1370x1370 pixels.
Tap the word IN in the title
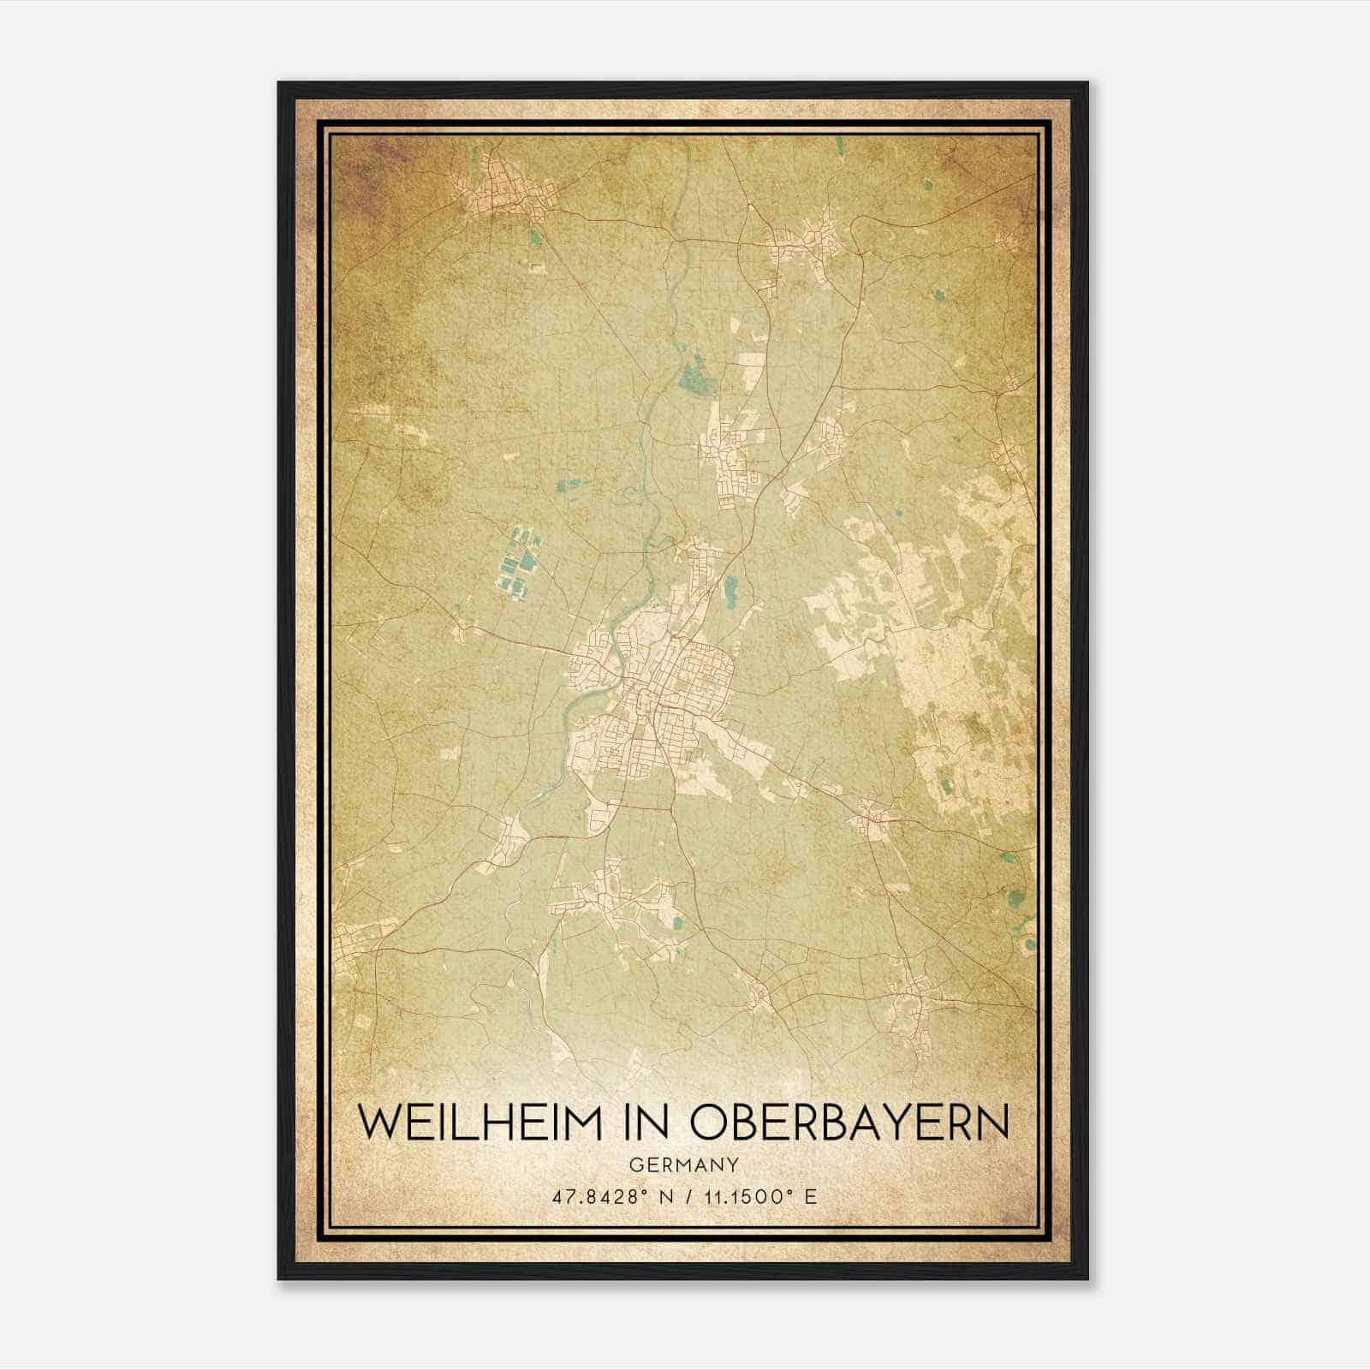tap(644, 1123)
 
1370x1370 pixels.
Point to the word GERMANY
tap(683, 1165)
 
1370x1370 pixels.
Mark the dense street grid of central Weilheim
tap(651, 676)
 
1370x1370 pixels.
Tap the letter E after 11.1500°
tap(811, 1196)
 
